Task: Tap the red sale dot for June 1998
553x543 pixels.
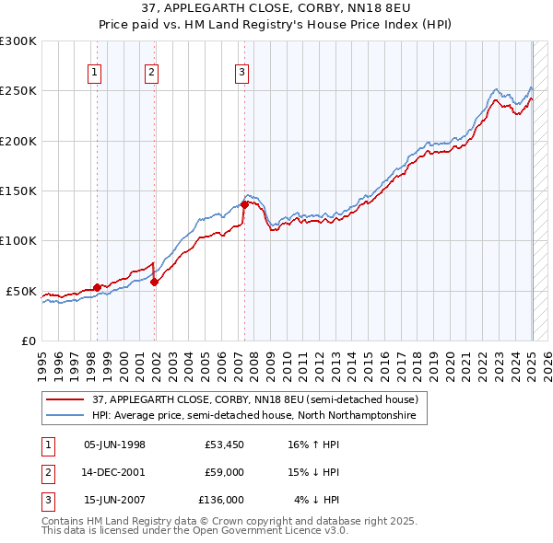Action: coord(97,287)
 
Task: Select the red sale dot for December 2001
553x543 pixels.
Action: coord(154,282)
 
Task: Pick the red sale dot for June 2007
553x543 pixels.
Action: coord(244,204)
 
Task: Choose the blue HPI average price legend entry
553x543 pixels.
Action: coord(253,416)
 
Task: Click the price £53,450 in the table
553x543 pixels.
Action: coord(225,445)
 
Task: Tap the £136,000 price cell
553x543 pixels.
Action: coord(221,500)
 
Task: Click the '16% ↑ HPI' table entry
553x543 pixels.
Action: coord(313,445)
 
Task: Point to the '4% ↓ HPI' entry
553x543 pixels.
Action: coord(316,500)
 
